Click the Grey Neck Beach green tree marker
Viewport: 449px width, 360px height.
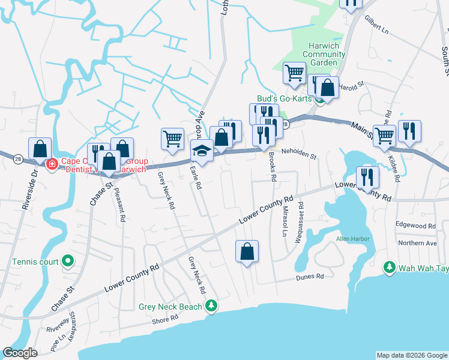pos(211,306)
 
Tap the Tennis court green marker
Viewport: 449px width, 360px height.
pos(68,262)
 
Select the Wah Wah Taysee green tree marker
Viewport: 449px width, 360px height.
pos(390,266)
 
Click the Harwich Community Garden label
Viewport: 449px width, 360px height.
pos(324,54)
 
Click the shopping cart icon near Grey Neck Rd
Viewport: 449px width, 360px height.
pos(172,139)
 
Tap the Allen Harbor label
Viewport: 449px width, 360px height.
pos(352,239)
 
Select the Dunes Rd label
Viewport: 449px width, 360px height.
pos(309,277)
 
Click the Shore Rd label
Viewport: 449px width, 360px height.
pos(162,320)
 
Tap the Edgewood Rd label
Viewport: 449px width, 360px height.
pos(415,226)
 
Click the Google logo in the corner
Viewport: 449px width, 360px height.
pos(20,353)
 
